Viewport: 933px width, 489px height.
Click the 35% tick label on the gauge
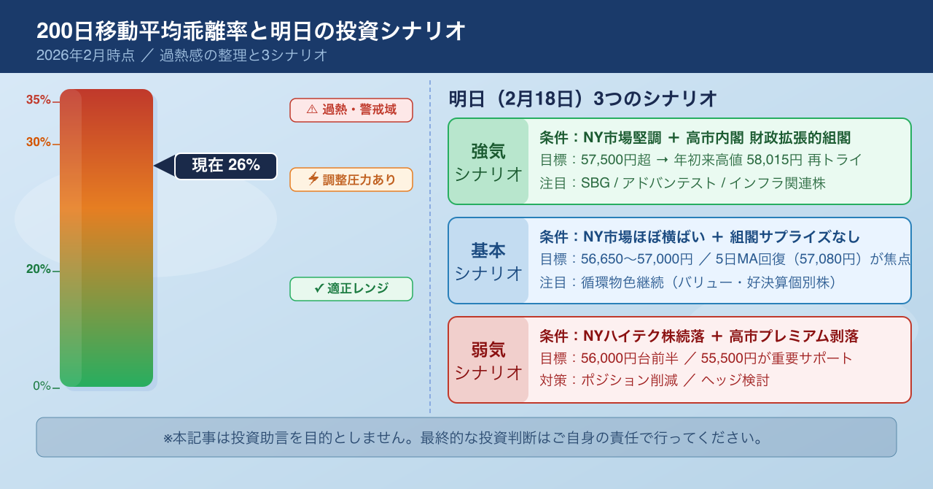coord(39,100)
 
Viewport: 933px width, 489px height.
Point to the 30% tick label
coord(39,142)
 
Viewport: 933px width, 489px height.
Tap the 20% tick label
coord(39,269)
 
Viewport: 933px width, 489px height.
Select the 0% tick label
coord(42,385)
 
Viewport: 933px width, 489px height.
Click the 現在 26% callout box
coord(226,166)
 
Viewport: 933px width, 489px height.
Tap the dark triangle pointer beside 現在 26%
coord(165,166)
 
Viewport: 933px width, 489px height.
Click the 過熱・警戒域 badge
coord(351,110)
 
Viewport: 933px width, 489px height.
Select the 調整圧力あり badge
coord(351,180)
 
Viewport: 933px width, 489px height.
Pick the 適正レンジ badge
coord(351,289)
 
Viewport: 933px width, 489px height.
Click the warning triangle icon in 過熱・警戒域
coord(312,109)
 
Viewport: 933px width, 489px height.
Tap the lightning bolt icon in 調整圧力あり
coord(313,179)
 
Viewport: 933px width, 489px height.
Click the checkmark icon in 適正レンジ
coord(319,288)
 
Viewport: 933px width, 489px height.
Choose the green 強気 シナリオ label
coord(488,162)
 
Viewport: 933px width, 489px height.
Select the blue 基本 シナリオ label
coord(488,261)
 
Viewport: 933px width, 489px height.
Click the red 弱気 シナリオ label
coord(488,361)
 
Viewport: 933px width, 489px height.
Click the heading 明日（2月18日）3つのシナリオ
coord(582,99)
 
